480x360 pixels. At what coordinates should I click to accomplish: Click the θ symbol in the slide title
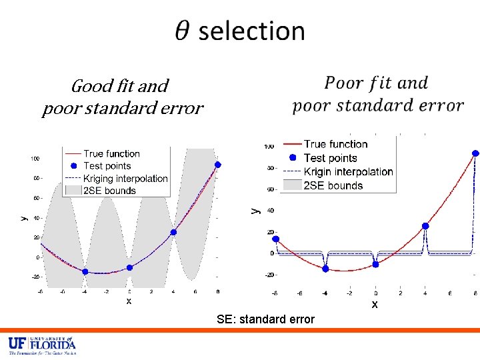pos(183,31)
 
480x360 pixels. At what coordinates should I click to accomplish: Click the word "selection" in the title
pos(251,31)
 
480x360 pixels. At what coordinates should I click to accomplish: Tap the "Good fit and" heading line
pos(120,86)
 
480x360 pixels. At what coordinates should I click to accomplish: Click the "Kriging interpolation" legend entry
pos(125,178)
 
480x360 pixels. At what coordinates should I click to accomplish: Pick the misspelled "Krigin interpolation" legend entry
pos(348,171)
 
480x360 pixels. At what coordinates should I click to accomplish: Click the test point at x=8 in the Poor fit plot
pos(475,153)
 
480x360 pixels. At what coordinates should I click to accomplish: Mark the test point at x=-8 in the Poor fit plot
pos(276,239)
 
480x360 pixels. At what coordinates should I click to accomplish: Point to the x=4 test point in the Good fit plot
pos(173,232)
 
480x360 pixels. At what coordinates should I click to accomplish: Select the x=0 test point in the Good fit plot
pos(129,267)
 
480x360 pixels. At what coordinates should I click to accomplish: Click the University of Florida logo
pos(41,345)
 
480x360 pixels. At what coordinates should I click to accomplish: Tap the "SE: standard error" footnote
pos(265,319)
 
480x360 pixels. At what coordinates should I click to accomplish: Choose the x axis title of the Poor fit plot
pos(375,304)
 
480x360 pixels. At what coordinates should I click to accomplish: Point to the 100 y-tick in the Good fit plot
pos(33,159)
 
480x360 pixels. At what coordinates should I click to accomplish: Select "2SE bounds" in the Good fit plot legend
pos(109,191)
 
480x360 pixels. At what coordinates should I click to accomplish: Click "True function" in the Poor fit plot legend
pos(335,144)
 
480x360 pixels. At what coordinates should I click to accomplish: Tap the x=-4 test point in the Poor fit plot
pos(325,269)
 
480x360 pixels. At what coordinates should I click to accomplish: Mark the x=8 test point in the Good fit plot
pos(217,165)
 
